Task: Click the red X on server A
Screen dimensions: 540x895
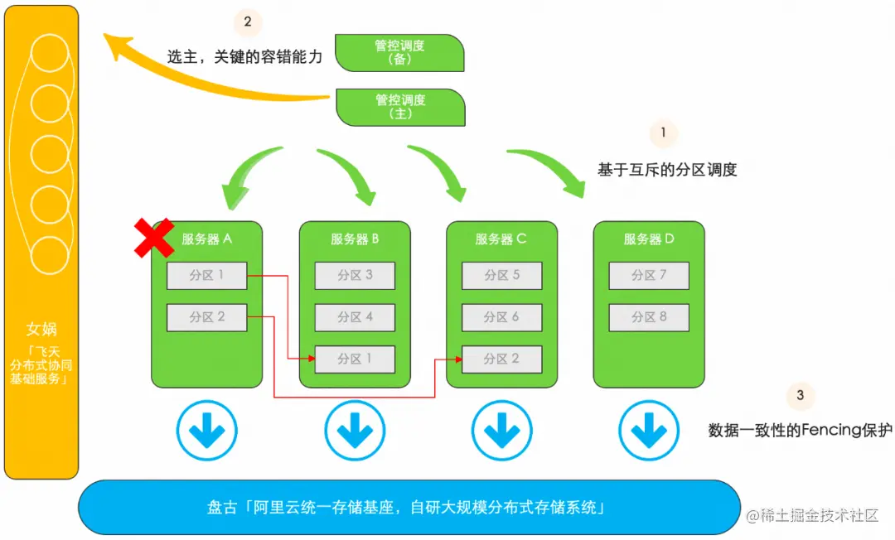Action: (154, 239)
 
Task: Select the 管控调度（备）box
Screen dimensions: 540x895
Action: (399, 53)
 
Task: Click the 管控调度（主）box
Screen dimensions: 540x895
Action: (400, 107)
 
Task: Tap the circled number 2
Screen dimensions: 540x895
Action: (247, 22)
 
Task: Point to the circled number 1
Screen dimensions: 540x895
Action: (662, 133)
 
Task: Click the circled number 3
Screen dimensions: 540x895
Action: (800, 395)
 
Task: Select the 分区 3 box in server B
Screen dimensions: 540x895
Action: (355, 275)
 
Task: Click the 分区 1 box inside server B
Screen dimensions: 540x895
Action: (355, 359)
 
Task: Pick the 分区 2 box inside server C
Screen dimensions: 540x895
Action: (502, 359)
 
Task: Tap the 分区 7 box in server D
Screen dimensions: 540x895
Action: (649, 275)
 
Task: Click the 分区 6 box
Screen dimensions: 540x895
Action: (502, 316)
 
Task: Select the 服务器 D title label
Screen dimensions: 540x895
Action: (649, 239)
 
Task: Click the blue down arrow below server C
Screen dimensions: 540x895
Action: (502, 431)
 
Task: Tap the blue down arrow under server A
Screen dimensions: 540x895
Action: (206, 431)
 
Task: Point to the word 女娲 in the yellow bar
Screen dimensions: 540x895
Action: (41, 330)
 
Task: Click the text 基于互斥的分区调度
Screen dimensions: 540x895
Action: (667, 170)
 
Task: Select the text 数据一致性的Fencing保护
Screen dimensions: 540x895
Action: (800, 431)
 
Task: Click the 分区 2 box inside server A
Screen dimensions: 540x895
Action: (206, 316)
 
